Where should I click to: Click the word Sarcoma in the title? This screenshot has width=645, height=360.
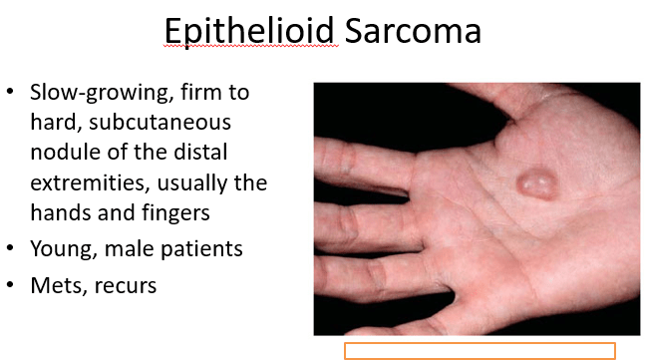click(413, 31)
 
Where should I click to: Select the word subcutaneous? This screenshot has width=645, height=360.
click(160, 123)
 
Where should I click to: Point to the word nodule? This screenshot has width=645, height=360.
click(66, 152)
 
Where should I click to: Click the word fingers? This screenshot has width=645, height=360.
click(175, 213)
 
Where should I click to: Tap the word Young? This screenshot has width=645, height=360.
click(64, 249)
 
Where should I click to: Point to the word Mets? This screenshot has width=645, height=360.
click(59, 285)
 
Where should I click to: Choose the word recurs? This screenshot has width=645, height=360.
click(125, 286)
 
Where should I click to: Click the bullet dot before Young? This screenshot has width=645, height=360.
click(10, 248)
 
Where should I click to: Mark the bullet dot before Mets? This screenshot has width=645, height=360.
click(10, 284)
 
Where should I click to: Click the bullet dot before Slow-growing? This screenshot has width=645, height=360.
click(10, 92)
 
